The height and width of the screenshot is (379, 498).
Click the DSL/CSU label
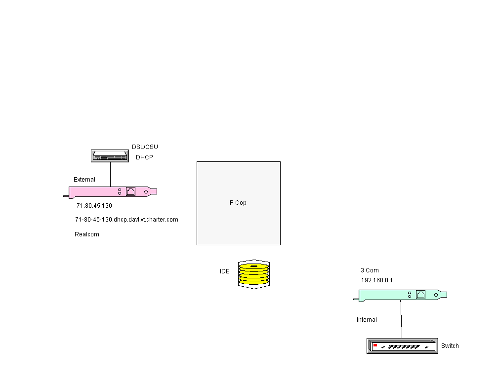pos(145,147)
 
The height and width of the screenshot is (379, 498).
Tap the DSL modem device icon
pos(110,156)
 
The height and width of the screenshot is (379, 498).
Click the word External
pos(84,180)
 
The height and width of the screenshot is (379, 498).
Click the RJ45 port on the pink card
pos(131,191)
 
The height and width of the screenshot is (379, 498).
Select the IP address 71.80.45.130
pos(94,206)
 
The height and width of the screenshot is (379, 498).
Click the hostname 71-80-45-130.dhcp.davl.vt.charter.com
pos(126,220)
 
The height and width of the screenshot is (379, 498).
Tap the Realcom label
pos(87,234)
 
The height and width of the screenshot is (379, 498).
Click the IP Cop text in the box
pos(237,203)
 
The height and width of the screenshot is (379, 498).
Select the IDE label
pos(225,271)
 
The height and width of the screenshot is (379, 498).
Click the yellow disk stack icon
pos(254,274)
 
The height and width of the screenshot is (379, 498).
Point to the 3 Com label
pos(370,270)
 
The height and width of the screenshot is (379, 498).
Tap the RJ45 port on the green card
pos(421,295)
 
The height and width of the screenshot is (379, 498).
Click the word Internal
pos(367,320)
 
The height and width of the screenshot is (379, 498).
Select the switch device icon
pos(402,346)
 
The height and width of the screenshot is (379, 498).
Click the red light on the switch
pos(375,344)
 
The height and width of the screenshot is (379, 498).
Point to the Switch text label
pos(450,346)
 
